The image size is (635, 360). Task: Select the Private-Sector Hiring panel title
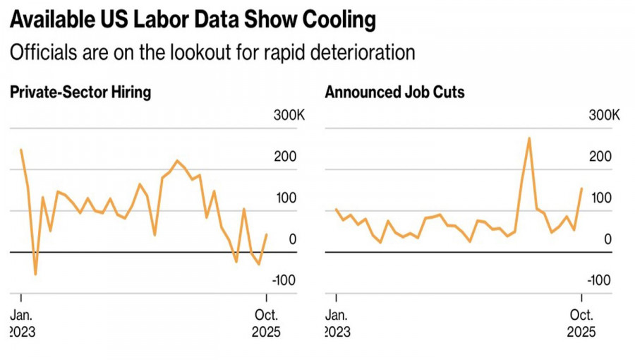80,92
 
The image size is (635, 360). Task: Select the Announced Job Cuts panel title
394,92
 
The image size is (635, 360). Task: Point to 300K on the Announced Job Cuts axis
604,115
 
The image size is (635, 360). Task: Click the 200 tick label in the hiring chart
286,157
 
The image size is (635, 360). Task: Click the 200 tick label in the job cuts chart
601,157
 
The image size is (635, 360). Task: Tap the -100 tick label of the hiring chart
284,280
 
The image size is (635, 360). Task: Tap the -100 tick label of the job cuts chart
599,280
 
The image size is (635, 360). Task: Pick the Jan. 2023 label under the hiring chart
22,323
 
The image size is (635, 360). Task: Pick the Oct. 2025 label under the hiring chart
266,323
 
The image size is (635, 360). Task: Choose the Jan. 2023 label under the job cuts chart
337,323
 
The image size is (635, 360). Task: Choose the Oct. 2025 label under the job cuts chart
581,323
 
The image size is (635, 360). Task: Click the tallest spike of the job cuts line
529,138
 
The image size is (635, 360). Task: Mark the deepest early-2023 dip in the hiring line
35,274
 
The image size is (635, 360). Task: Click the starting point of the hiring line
21,150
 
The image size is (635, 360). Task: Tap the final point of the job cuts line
581,188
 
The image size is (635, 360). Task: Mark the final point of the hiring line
267,234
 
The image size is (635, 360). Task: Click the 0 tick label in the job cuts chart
607,239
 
